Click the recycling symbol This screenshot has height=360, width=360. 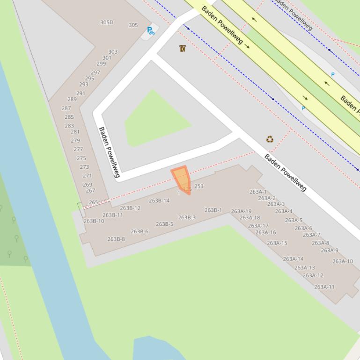(x=270, y=139)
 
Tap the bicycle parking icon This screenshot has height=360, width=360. (x=150, y=31)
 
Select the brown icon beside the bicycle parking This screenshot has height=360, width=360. (x=182, y=49)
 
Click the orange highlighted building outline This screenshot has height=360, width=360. (x=181, y=179)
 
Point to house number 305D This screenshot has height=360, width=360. (x=107, y=22)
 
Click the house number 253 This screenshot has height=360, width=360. (x=199, y=186)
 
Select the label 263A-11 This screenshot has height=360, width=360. (x=324, y=287)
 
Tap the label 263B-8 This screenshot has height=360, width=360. (x=116, y=239)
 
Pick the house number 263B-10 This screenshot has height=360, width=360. (x=94, y=221)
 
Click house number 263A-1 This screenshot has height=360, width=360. (x=258, y=192)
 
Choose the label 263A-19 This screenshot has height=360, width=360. (x=241, y=211)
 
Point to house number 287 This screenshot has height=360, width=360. (x=66, y=108)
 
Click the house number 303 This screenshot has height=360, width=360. (x=113, y=52)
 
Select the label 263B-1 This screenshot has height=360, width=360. (x=213, y=210)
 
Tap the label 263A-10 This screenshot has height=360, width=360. (x=343, y=261)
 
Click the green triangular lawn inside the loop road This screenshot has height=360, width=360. (x=154, y=122)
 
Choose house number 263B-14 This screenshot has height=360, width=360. (x=159, y=201)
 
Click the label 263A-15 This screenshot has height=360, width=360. (x=277, y=243)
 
